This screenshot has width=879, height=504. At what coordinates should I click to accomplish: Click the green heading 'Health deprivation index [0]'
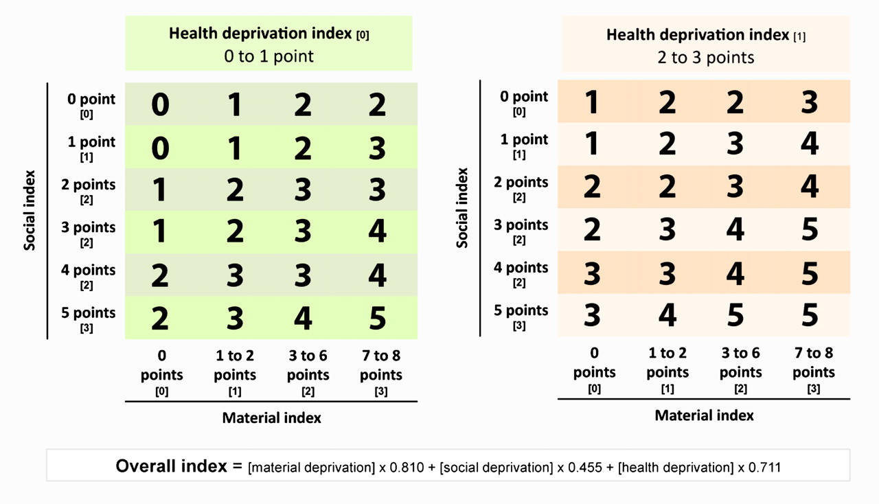click(269, 34)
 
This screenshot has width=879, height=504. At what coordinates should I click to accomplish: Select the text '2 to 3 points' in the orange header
click(705, 58)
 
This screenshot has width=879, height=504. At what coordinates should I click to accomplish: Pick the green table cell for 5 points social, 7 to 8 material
click(378, 318)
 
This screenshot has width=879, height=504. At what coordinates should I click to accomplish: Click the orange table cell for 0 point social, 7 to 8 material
click(810, 102)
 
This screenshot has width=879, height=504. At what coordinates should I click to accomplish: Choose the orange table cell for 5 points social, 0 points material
click(592, 315)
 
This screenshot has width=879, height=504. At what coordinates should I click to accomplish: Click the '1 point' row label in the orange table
click(524, 146)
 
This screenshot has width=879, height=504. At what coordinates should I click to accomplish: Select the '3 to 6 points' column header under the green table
click(308, 373)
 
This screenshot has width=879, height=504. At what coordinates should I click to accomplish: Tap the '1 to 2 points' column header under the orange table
click(667, 371)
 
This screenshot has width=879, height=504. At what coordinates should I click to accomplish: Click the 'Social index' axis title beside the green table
click(30, 210)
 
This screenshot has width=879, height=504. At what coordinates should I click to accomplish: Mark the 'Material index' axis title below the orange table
click(705, 415)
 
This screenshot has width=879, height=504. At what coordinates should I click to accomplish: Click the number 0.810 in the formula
click(407, 468)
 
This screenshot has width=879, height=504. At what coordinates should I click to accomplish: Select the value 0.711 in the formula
click(764, 468)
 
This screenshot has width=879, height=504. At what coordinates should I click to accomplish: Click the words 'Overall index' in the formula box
click(172, 466)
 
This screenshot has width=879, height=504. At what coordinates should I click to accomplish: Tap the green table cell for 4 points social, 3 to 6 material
click(303, 275)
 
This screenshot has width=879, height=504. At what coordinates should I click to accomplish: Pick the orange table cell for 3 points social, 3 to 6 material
click(735, 229)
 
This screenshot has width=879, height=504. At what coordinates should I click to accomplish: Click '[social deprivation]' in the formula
click(496, 468)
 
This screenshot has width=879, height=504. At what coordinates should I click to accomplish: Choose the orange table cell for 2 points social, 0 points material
click(592, 187)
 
